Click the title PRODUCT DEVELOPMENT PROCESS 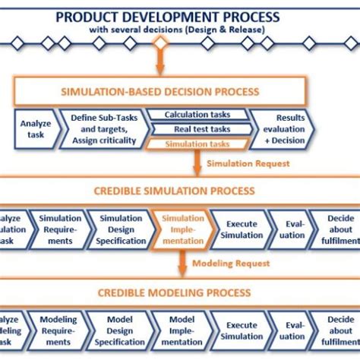(x=179, y=16)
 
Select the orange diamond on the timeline (x=159, y=44)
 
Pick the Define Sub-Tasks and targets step (x=99, y=129)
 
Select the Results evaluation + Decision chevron (x=286, y=129)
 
